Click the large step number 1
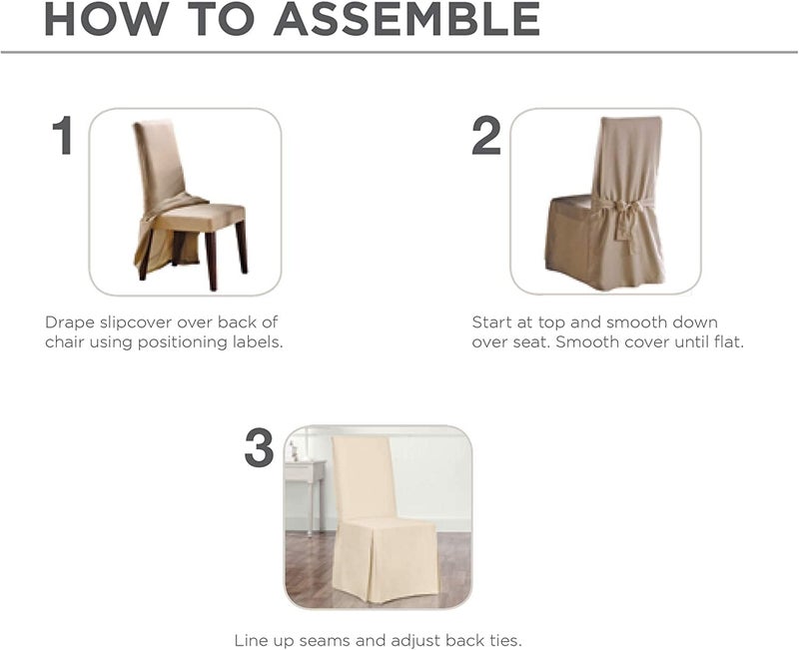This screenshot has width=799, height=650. pyautogui.click(x=63, y=136)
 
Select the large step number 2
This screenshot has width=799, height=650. pyautogui.click(x=486, y=136)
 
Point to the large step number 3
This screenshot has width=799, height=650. pyautogui.click(x=259, y=448)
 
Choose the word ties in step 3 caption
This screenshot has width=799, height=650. pyautogui.click(x=501, y=640)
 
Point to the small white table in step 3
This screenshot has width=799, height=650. pyautogui.click(x=303, y=474)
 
